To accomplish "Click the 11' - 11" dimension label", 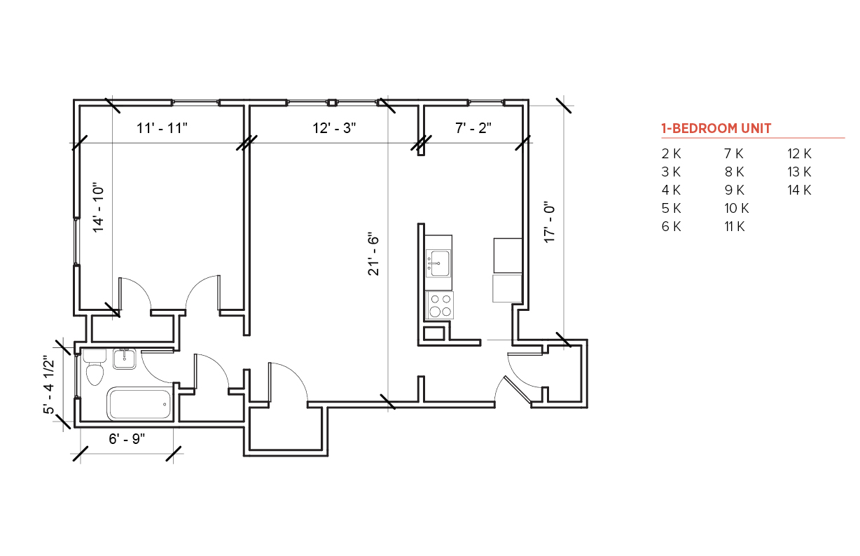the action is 162,128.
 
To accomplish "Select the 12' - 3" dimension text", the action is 334,128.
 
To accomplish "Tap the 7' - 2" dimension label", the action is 473,128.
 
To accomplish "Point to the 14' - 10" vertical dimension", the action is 99,208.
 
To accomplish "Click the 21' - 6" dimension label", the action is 373,253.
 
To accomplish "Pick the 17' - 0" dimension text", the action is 550,222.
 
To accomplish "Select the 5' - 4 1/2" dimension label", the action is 49,384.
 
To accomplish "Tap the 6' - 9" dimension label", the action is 127,438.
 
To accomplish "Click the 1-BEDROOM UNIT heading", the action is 716,128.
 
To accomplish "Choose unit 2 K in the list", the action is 671,153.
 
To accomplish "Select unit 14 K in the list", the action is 799,190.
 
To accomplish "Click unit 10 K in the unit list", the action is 736,209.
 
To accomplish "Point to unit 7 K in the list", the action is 734,153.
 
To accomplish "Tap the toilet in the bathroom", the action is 95,368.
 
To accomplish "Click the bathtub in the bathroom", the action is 139,403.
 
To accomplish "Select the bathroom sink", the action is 124,359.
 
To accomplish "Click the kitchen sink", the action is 438,263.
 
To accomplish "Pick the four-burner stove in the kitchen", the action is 440,305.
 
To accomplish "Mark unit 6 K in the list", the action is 671,227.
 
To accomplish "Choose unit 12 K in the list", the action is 799,153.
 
